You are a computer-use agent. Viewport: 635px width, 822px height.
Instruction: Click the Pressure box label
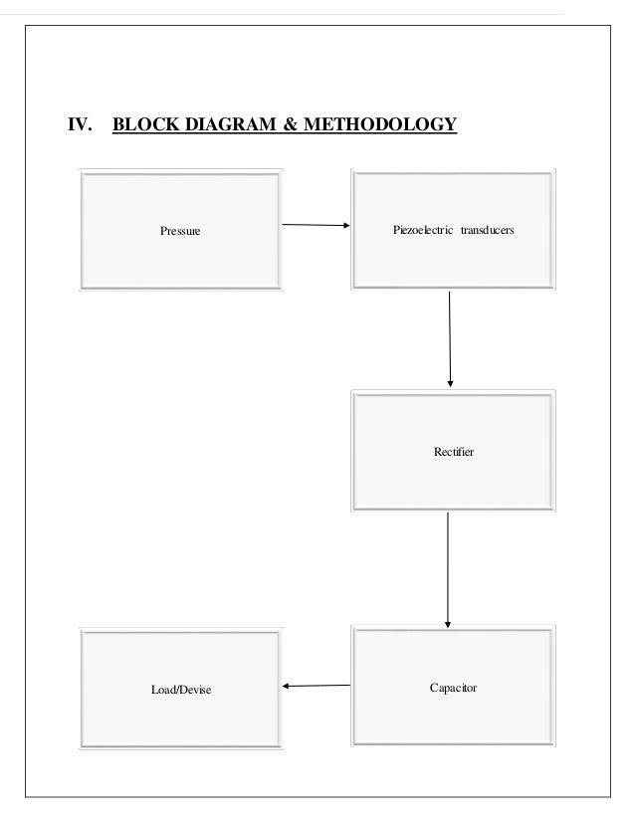pyautogui.click(x=180, y=232)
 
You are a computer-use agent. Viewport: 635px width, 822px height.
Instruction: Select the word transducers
pyautogui.click(x=488, y=230)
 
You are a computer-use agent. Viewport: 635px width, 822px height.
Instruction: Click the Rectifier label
pyautogui.click(x=454, y=453)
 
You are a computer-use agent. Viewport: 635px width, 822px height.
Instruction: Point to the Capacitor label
pyautogui.click(x=453, y=688)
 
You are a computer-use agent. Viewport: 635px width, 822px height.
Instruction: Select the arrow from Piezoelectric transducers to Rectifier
pyautogui.click(x=451, y=338)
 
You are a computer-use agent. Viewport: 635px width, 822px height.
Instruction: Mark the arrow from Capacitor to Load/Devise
pyautogui.click(x=317, y=685)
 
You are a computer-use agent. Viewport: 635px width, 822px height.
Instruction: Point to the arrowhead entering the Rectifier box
pyautogui.click(x=451, y=381)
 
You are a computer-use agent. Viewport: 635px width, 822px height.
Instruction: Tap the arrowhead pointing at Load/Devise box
pyautogui.click(x=288, y=685)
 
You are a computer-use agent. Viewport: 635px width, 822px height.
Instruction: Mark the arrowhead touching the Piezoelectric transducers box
pyautogui.click(x=345, y=226)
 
